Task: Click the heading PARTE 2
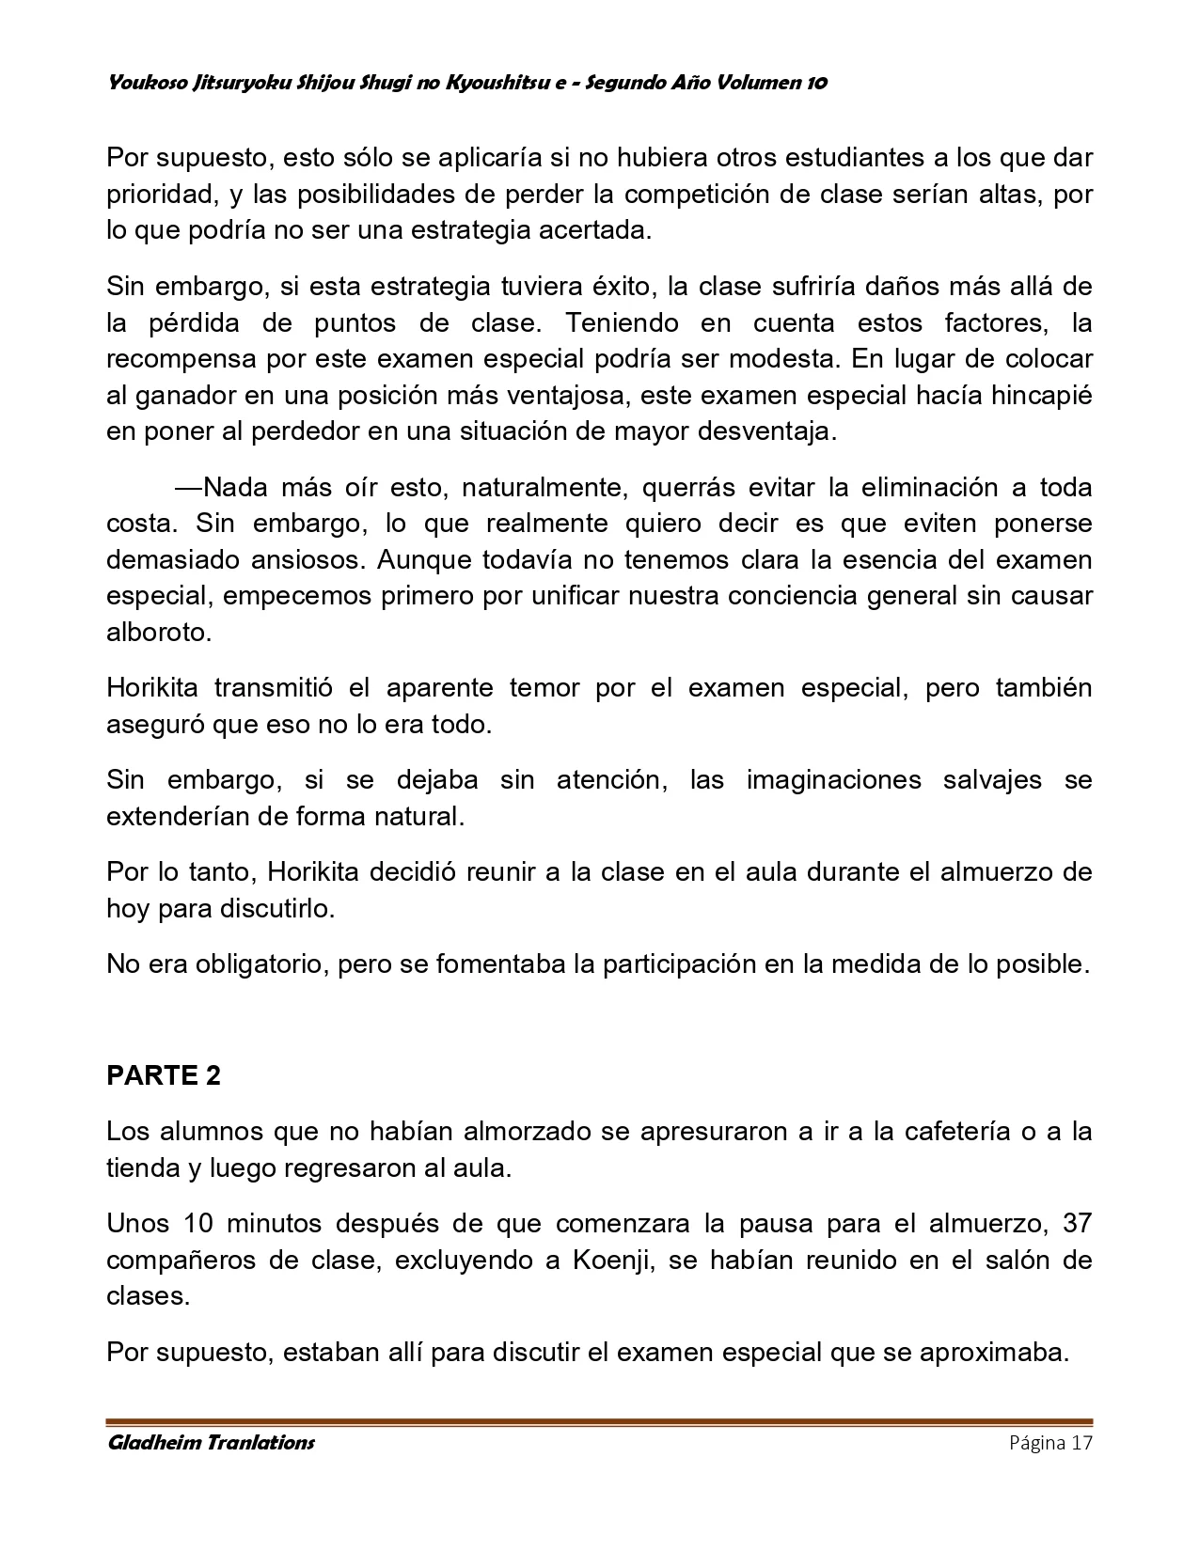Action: click(x=164, y=1075)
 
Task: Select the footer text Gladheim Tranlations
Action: click(x=212, y=1443)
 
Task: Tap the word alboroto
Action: click(x=158, y=632)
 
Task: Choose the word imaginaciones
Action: click(x=833, y=779)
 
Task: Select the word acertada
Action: click(x=596, y=230)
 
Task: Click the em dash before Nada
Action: click(x=188, y=487)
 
